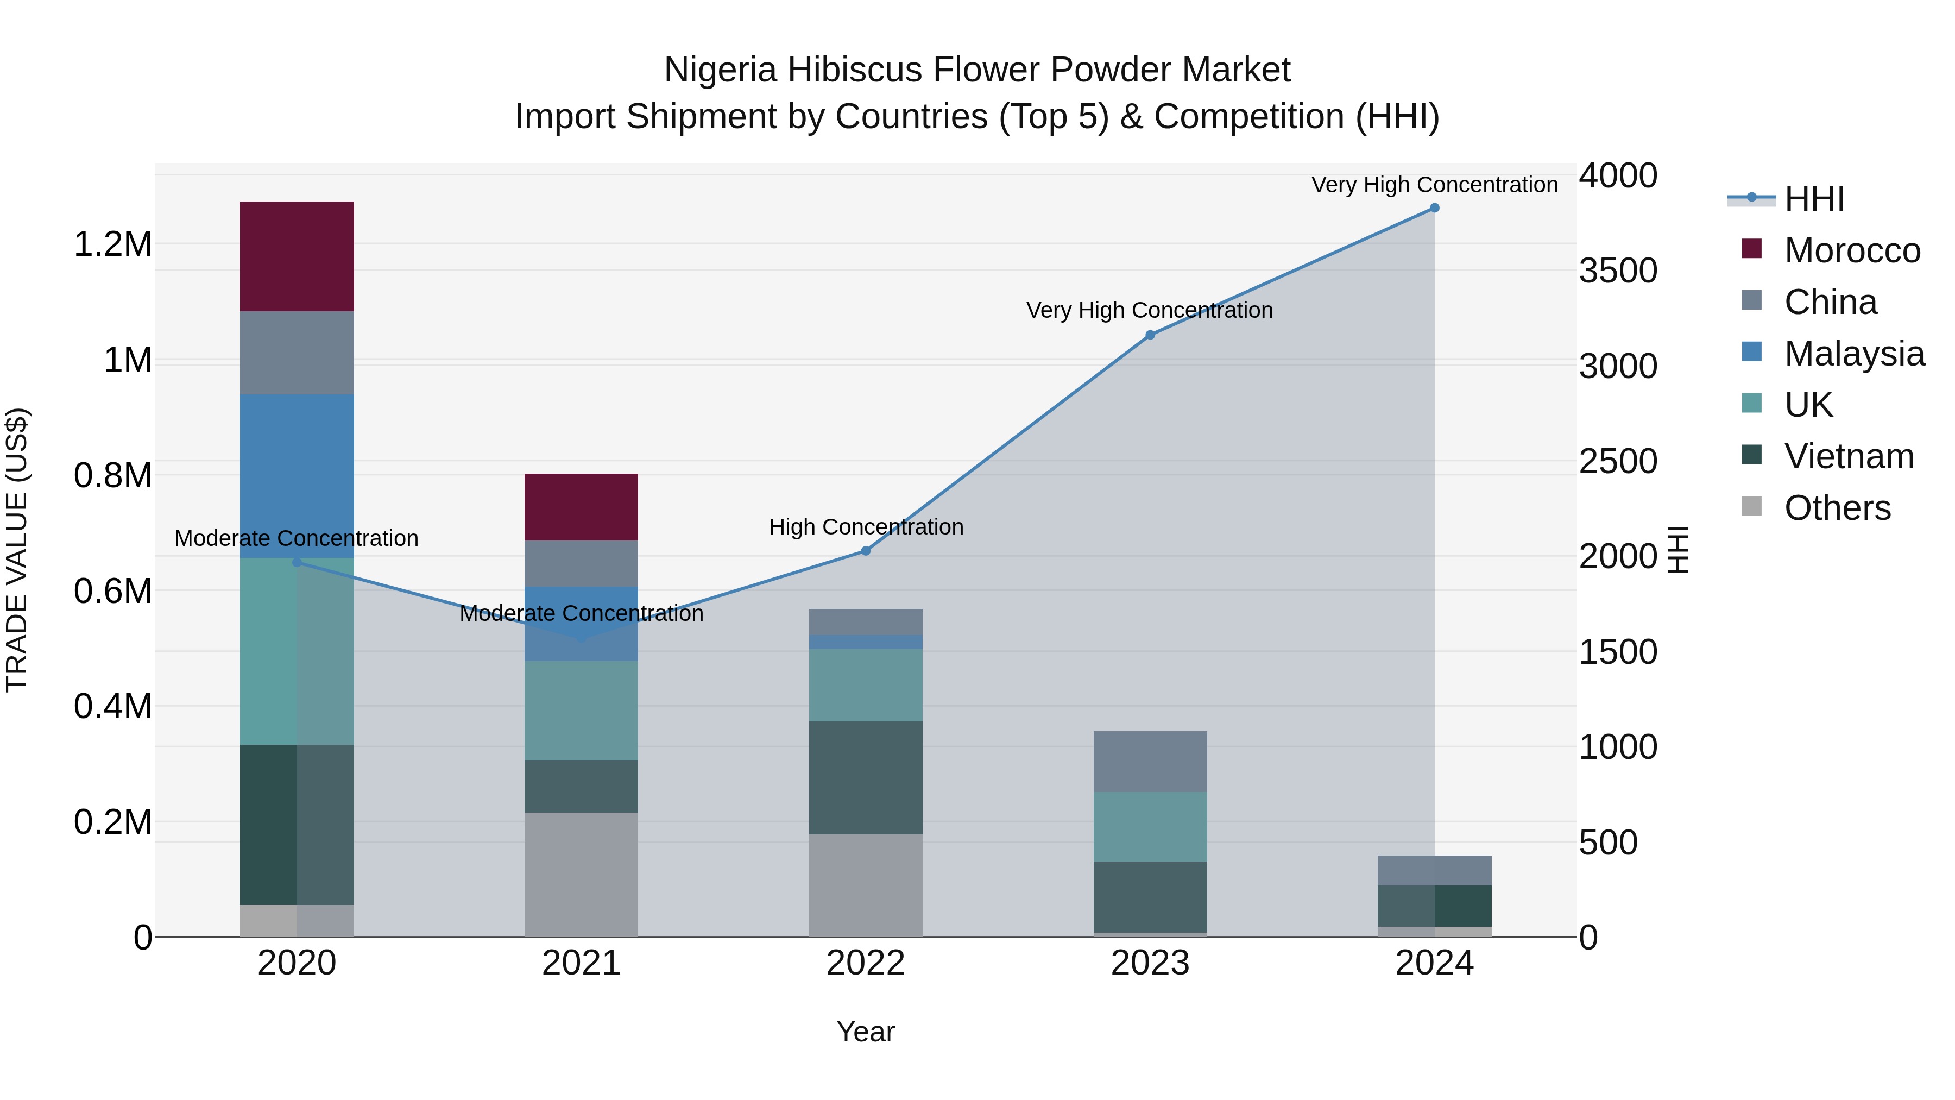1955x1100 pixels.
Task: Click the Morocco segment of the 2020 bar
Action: [x=297, y=256]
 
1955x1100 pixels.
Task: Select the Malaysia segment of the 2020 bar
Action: [x=297, y=476]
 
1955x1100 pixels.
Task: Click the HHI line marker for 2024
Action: [x=1434, y=208]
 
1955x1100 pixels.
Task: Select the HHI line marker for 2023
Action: [x=1150, y=335]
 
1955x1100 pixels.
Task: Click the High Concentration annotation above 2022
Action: [x=866, y=527]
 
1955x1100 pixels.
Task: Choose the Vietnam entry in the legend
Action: [x=1849, y=456]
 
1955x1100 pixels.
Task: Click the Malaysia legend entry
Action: [x=1854, y=354]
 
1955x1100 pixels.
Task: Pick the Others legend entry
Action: [x=1837, y=508]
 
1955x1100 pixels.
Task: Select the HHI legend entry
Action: [x=1814, y=199]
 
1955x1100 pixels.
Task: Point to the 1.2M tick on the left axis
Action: [x=112, y=244]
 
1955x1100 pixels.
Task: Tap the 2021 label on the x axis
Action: [x=581, y=963]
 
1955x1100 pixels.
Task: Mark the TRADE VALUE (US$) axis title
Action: [x=17, y=550]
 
